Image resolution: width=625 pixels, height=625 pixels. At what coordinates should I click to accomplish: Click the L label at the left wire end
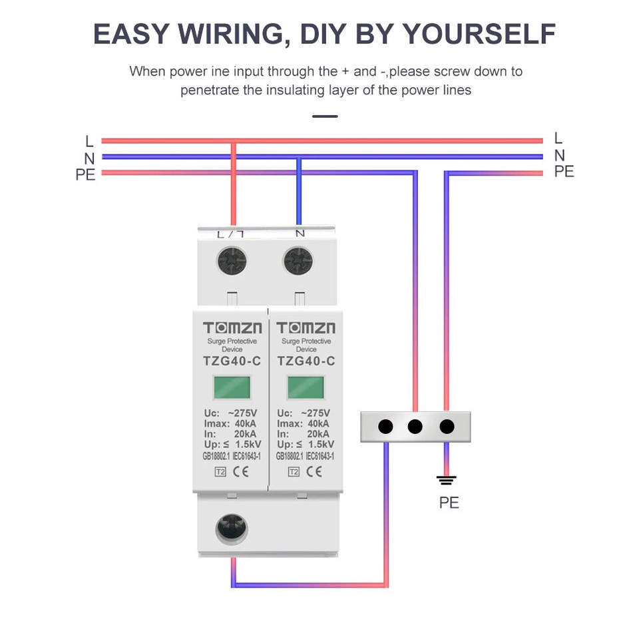[x=89, y=141]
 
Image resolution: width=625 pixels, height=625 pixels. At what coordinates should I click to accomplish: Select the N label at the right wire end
[x=559, y=156]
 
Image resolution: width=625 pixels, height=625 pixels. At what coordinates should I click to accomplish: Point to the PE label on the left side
[x=85, y=174]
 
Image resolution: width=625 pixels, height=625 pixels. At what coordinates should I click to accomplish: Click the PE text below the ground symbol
[x=449, y=503]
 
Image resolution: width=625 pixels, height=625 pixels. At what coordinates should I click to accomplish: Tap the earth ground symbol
[x=446, y=480]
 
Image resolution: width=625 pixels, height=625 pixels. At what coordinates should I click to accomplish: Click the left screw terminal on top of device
[x=231, y=262]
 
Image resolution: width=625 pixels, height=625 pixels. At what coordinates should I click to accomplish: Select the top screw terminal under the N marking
[x=298, y=262]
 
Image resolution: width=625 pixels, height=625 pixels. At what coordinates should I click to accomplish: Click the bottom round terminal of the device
[x=231, y=528]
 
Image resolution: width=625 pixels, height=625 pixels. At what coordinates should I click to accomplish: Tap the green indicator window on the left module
[x=232, y=387]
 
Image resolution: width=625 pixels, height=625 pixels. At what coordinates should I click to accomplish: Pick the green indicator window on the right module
[x=306, y=387]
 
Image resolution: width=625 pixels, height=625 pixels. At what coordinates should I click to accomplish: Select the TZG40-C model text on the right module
[x=306, y=361]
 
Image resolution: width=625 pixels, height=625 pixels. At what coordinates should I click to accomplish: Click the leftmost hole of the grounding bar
[x=385, y=427]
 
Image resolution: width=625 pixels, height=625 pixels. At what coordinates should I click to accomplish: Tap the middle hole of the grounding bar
[x=415, y=427]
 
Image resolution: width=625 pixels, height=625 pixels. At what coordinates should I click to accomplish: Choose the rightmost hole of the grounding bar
[x=447, y=427]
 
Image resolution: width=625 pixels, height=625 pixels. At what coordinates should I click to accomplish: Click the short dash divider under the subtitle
[x=325, y=116]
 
